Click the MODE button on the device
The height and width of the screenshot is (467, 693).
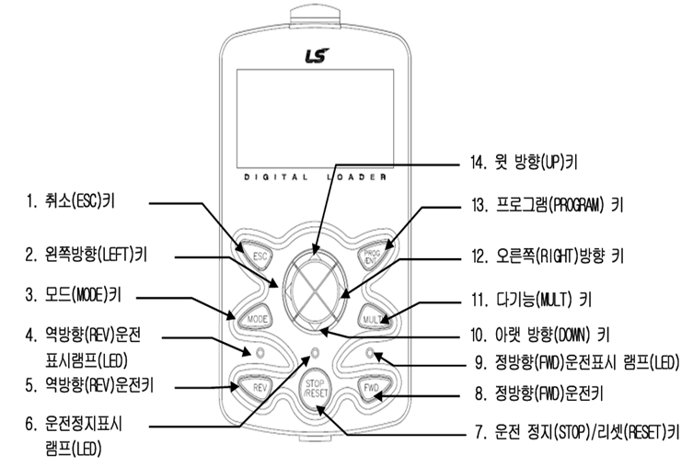pos(256,317)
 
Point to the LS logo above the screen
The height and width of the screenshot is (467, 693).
pos(315,57)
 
